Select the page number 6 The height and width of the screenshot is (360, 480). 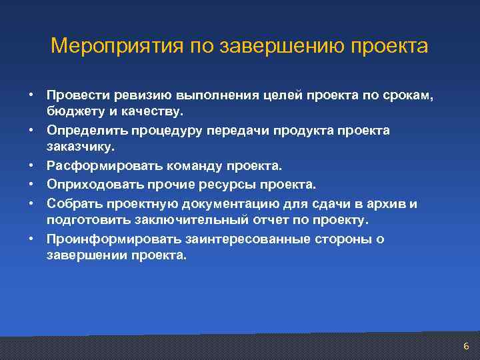(466, 346)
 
